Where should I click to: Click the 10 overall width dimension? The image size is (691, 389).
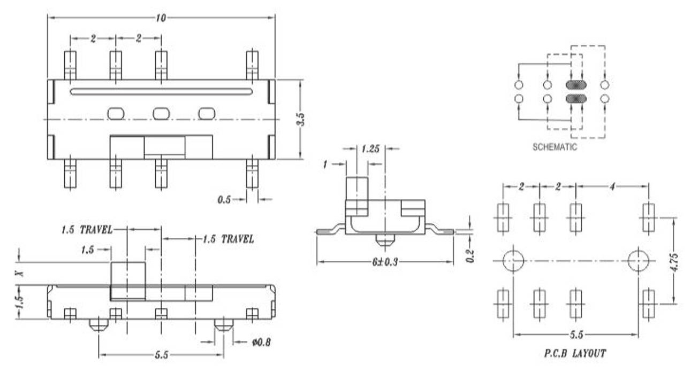click(x=161, y=18)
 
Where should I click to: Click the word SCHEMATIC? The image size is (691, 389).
click(x=555, y=147)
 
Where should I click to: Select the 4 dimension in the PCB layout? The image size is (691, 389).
click(x=612, y=186)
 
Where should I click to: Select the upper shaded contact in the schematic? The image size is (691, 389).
click(x=576, y=85)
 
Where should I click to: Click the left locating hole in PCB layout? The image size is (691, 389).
click(x=513, y=261)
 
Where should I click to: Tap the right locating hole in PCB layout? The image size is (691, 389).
click(x=638, y=261)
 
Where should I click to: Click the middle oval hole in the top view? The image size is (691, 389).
click(x=161, y=113)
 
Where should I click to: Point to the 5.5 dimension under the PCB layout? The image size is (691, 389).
click(x=576, y=335)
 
